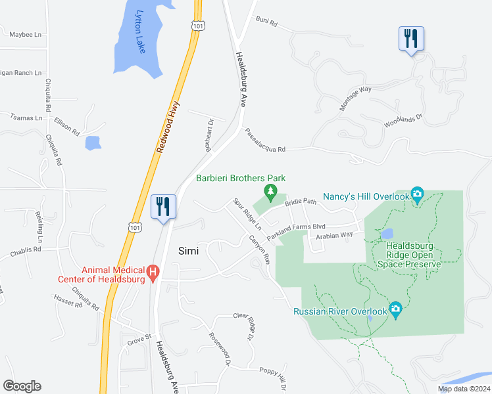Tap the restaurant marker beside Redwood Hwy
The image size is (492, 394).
[161, 206]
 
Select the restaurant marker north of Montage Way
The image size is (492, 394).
[411, 38]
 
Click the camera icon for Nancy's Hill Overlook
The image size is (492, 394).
[417, 194]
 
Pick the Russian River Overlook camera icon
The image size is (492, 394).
[395, 309]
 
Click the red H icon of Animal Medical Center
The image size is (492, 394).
[153, 271]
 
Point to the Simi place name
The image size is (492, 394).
[189, 250]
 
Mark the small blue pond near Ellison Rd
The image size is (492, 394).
[93, 142]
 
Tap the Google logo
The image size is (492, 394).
[22, 386]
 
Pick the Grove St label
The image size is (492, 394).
[139, 340]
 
